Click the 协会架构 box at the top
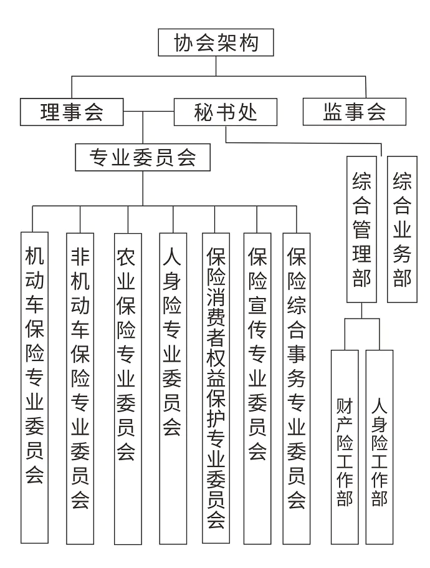216,43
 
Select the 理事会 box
72,112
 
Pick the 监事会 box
354,112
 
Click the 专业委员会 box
143,158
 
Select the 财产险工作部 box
345,446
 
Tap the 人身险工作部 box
380,446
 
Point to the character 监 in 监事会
333,112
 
